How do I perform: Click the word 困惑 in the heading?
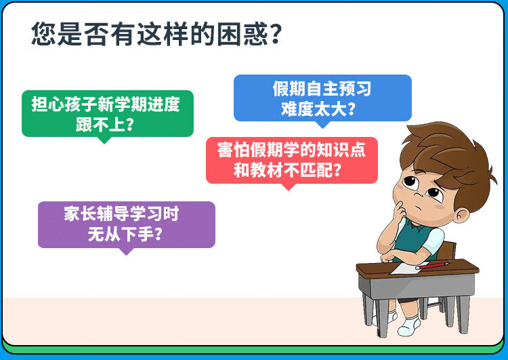click(242, 34)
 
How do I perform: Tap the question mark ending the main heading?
click(275, 34)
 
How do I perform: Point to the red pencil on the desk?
click(433, 266)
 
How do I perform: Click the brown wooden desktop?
click(417, 270)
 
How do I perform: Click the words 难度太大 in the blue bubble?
click(314, 109)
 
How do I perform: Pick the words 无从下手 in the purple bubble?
click(121, 234)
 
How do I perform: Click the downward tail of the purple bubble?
click(127, 252)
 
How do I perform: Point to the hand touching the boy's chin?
click(400, 212)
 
